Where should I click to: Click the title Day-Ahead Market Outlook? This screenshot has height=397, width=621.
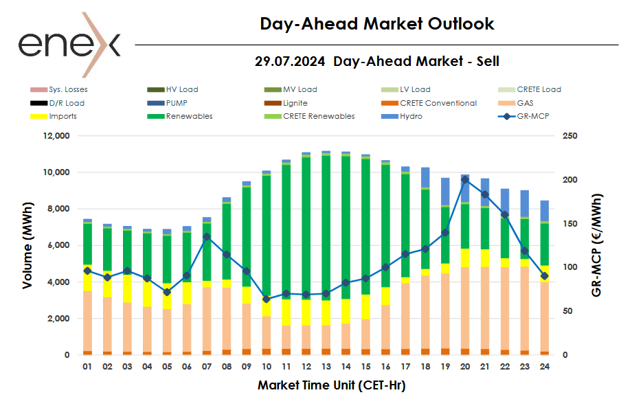pyautogui.click(x=377, y=24)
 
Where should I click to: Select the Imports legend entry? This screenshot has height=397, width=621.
pyautogui.click(x=63, y=116)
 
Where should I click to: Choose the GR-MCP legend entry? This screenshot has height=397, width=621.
pyautogui.click(x=526, y=116)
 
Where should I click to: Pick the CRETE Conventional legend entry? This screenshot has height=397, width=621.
pyautogui.click(x=438, y=103)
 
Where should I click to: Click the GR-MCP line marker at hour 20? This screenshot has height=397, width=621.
pyautogui.click(x=465, y=180)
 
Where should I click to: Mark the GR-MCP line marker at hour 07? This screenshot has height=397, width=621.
pyautogui.click(x=207, y=236)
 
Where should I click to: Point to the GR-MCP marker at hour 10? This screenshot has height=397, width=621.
pyautogui.click(x=267, y=299)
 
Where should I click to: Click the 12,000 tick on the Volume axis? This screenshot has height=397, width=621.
pyautogui.click(x=55, y=136)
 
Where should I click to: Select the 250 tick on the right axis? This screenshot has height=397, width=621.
pyautogui.click(x=570, y=136)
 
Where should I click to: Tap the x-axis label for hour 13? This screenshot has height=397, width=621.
pyautogui.click(x=326, y=367)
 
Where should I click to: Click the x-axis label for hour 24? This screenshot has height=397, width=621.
pyautogui.click(x=544, y=367)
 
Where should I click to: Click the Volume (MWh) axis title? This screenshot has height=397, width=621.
pyautogui.click(x=27, y=245)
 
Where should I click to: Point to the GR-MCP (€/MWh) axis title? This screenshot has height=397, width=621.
pyautogui.click(x=596, y=245)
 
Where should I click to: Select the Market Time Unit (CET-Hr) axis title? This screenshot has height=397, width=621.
pyautogui.click(x=331, y=385)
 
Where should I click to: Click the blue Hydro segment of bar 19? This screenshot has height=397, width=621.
pyautogui.click(x=445, y=192)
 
